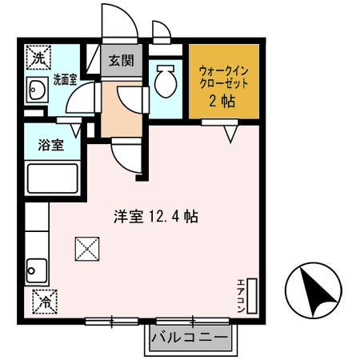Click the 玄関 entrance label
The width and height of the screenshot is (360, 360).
click(122, 60)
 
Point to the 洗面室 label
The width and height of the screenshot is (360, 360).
click(65, 79)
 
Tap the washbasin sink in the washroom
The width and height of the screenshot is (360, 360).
click(36, 92)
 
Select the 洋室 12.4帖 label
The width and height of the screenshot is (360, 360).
click(155, 215)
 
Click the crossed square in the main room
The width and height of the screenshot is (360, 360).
click(86, 250)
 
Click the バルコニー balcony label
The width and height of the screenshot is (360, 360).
click(190, 337)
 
